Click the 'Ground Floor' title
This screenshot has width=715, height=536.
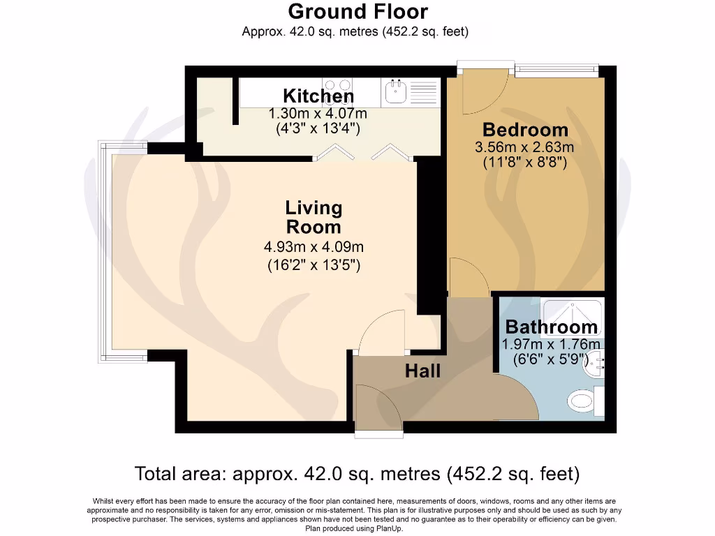point(357,12)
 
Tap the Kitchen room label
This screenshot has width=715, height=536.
point(318,96)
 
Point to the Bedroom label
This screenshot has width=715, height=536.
point(525,130)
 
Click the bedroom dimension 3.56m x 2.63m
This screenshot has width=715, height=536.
point(525,147)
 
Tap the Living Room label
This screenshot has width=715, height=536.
point(314,217)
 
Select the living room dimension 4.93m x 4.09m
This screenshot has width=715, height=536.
point(314,247)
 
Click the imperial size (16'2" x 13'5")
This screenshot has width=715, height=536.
point(314,265)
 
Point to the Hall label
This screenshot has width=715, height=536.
point(423,371)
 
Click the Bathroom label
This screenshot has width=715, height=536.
point(551,327)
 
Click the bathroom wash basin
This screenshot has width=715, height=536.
point(594,362)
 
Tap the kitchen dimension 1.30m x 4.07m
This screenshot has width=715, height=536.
point(318,113)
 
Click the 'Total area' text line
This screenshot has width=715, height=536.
point(357,475)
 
